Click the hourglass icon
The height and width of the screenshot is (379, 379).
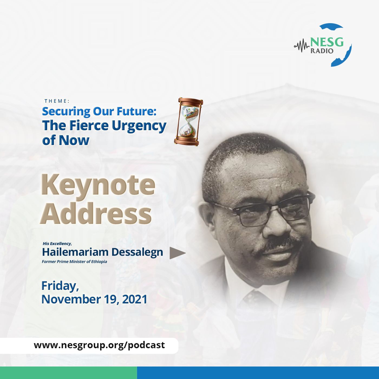click(188, 122)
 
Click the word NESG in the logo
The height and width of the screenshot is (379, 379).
click(326, 43)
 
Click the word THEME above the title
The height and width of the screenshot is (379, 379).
click(57, 101)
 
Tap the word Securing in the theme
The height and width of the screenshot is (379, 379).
click(66, 112)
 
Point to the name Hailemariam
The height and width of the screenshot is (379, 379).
click(75, 252)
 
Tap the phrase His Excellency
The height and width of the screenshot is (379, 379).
click(57, 243)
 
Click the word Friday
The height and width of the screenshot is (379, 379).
click(60, 286)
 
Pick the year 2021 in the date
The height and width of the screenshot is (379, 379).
click(135, 299)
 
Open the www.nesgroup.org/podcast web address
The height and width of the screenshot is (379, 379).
click(99, 345)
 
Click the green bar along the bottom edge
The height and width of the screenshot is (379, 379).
click(68, 373)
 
